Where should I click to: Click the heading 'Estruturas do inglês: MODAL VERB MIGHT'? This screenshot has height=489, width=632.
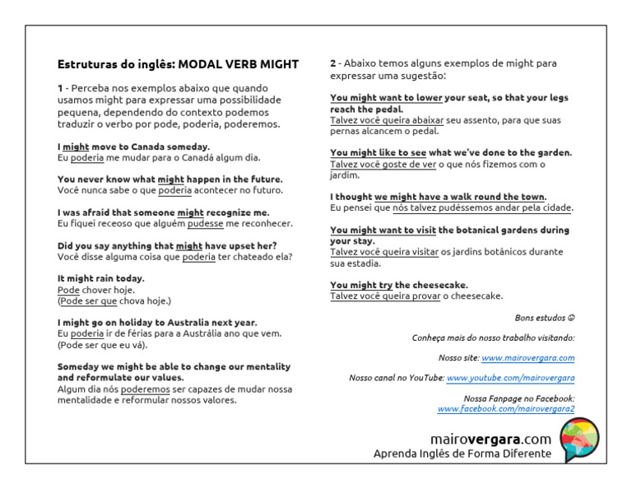(x=178, y=64)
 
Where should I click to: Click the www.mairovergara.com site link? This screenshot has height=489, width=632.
(x=527, y=358)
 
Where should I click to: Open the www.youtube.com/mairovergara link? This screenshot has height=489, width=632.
(x=510, y=378)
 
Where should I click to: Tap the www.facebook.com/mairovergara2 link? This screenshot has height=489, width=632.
(x=505, y=408)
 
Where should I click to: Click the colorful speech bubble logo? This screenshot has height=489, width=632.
(x=579, y=440)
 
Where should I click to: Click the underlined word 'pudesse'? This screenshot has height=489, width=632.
(x=206, y=223)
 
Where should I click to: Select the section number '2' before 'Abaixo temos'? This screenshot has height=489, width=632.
(x=333, y=63)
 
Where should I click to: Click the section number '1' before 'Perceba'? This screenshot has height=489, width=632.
(x=60, y=88)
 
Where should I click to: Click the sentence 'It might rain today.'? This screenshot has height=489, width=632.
(x=100, y=278)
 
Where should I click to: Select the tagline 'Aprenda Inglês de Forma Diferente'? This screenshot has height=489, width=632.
(x=462, y=454)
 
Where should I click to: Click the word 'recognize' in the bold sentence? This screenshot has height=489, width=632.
(x=231, y=212)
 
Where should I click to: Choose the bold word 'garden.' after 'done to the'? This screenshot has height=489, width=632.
(x=551, y=152)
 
